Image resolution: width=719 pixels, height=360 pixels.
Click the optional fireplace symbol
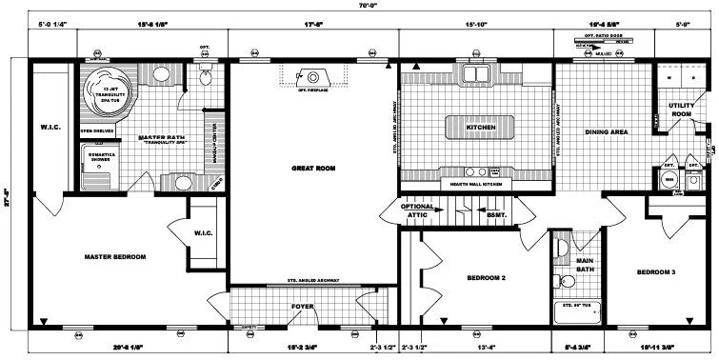[312, 78]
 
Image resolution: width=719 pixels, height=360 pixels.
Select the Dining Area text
[605, 132]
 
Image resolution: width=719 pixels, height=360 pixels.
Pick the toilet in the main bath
[560, 280]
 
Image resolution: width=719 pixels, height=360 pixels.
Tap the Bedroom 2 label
[486, 278]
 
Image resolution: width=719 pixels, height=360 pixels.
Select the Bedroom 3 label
[656, 272]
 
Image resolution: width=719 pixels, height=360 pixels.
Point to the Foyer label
[303, 307]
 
